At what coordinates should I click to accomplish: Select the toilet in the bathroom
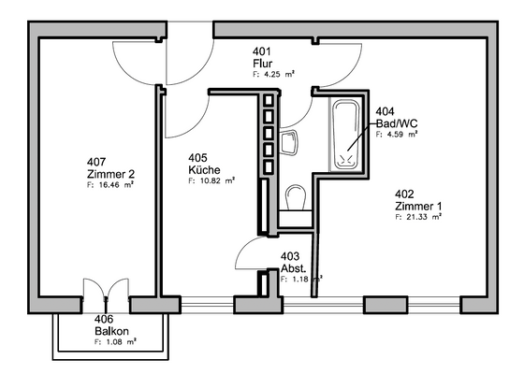tap(297, 197)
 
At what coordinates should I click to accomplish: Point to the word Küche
tap(204, 171)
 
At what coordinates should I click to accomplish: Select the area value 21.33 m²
tap(417, 217)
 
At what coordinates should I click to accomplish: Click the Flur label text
tap(261, 64)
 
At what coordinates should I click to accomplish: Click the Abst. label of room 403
tap(294, 267)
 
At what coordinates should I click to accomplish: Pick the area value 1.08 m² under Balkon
tap(116, 343)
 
